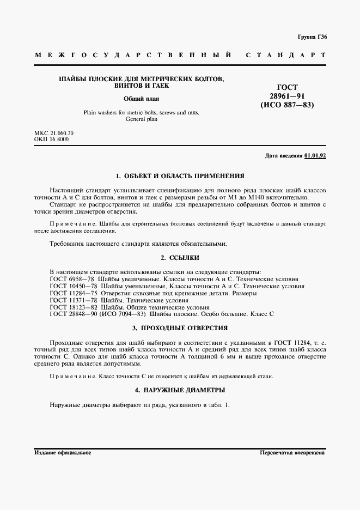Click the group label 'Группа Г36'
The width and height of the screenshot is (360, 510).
pyautogui.click(x=312, y=38)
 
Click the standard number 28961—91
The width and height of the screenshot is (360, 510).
pyautogui.click(x=288, y=96)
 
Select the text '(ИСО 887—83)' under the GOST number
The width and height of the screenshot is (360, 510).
pyautogui.click(x=288, y=105)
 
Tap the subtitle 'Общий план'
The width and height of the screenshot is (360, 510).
pyautogui.click(x=141, y=99)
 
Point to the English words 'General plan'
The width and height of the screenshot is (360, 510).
pyautogui.click(x=141, y=119)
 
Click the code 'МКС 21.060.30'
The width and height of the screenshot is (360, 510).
pyautogui.click(x=54, y=133)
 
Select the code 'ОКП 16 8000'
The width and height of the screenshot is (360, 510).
pyautogui.click(x=51, y=139)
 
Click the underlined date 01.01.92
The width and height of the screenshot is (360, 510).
pyautogui.click(x=315, y=155)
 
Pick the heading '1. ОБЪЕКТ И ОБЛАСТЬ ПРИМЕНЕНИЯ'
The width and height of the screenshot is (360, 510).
pyautogui.click(x=180, y=176)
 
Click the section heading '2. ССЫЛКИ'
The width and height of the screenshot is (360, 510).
pyautogui.click(x=180, y=257)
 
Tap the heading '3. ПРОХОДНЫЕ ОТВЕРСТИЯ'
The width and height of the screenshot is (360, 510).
pyautogui.click(x=180, y=328)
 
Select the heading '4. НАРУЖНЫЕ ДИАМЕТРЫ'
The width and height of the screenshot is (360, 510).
pyautogui.click(x=180, y=390)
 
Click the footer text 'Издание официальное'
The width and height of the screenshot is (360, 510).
pyautogui.click(x=63, y=453)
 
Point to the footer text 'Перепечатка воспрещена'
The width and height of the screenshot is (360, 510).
pyautogui.click(x=292, y=453)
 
